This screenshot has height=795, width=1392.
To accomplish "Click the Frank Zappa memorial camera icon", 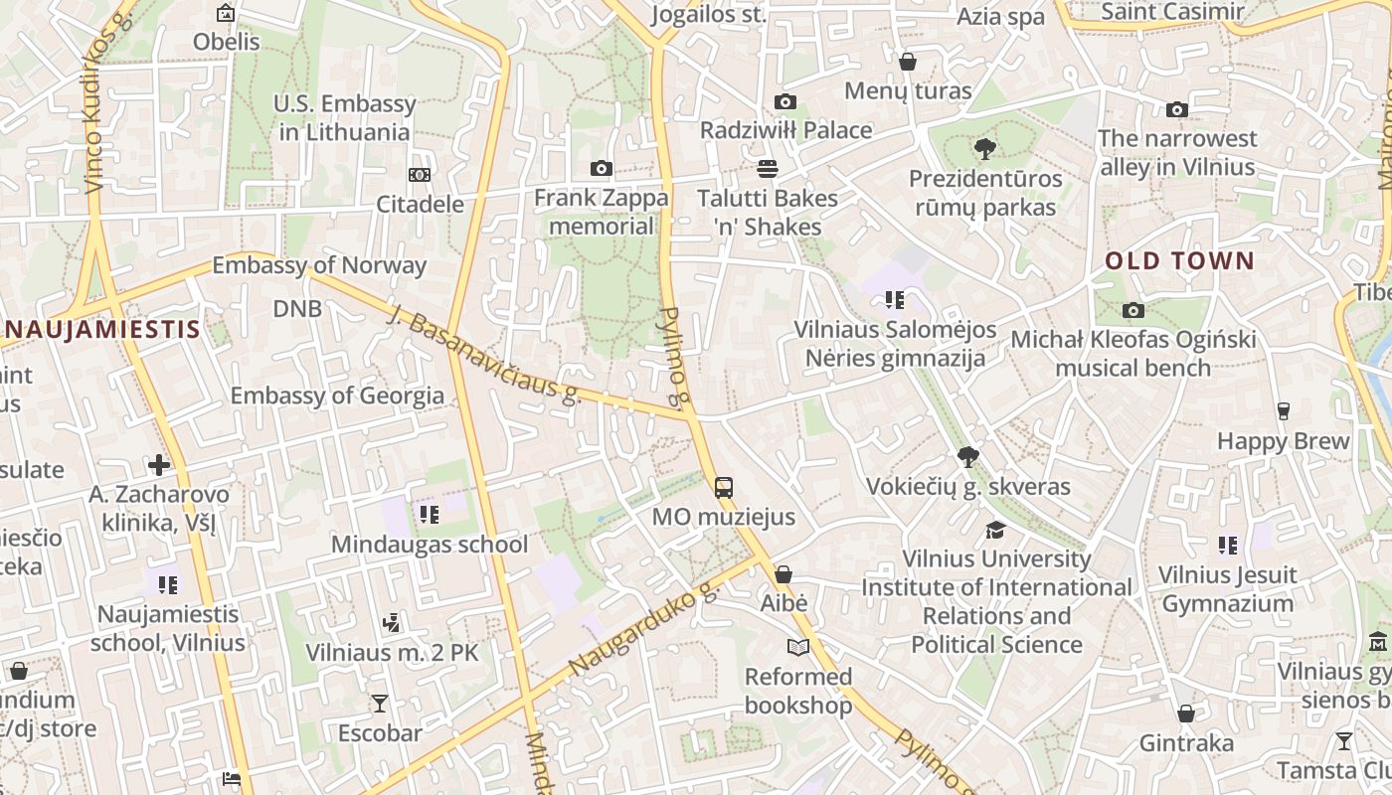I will point(602,168).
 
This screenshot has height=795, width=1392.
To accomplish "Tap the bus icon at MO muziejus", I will point(724,487).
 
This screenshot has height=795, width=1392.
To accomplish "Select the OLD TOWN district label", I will point(1180,261).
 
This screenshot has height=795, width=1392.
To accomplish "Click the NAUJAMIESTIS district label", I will point(99,329).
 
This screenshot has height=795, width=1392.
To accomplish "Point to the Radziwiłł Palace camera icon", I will point(785,101).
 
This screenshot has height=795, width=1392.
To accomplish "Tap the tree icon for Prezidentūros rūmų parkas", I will point(985,149).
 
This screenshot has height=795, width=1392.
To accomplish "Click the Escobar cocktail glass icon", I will point(380,704).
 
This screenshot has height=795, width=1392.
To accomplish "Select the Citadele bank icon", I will point(420,175).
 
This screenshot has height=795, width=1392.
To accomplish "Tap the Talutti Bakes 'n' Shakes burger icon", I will point(767,168).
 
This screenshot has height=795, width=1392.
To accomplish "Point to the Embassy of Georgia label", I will point(337,396).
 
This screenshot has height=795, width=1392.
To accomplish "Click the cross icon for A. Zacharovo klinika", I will point(159,464).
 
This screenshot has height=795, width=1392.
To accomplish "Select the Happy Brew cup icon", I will point(1284,410).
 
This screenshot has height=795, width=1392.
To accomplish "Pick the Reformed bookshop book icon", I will point(798,647).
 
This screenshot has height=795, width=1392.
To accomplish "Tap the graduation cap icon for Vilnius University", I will point(996,529).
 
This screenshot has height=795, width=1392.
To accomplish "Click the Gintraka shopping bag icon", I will point(1185,714).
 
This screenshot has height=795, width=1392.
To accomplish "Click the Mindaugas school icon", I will point(430,514).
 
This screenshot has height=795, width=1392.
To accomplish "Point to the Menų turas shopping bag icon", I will point(908,62).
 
